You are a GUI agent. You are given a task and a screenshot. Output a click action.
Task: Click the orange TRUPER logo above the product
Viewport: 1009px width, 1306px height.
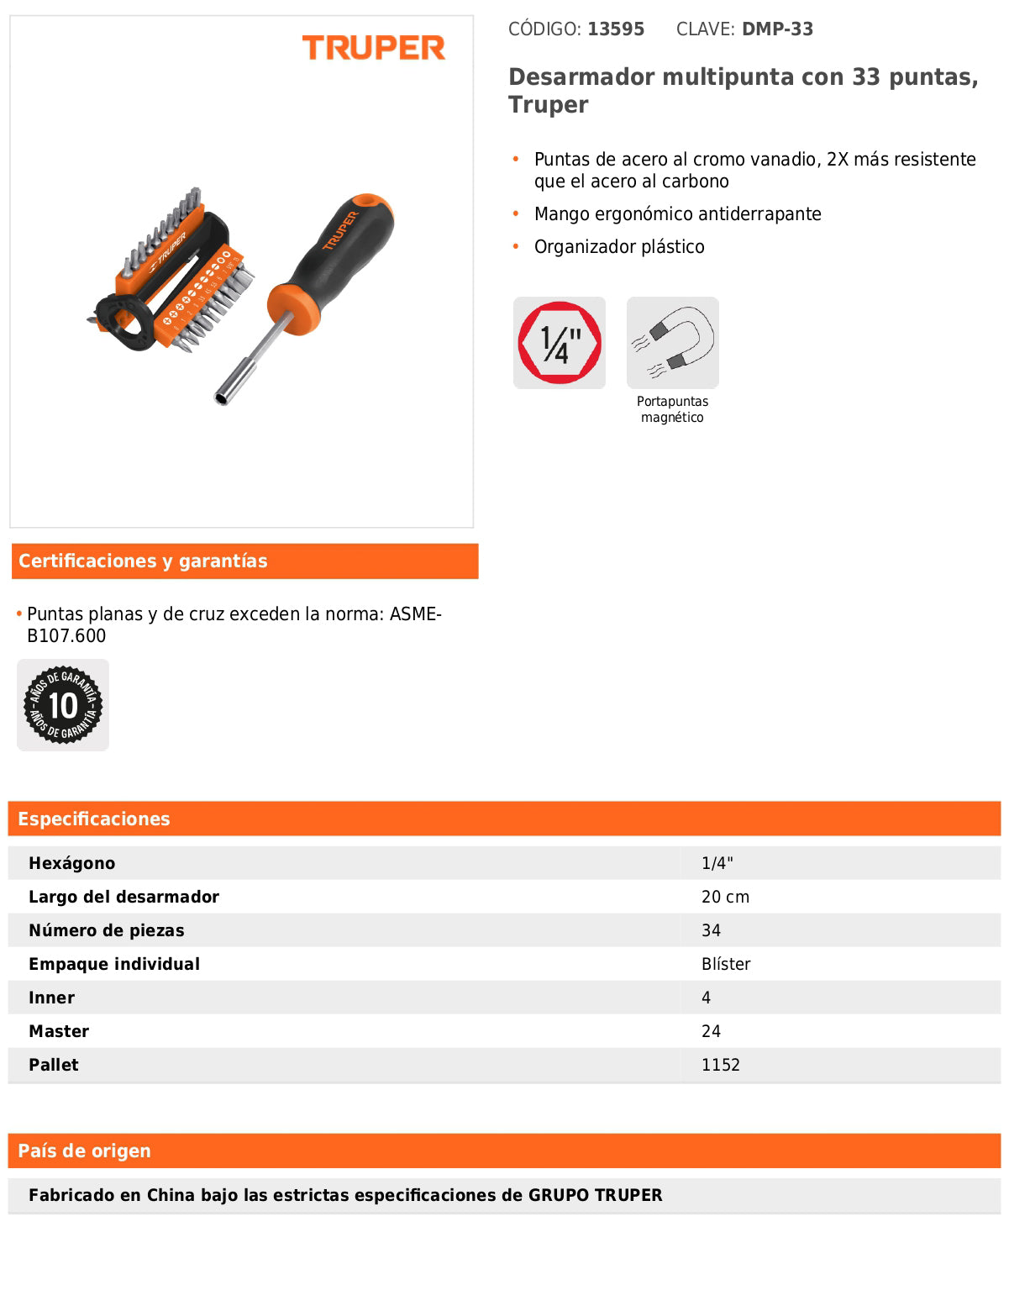click(373, 48)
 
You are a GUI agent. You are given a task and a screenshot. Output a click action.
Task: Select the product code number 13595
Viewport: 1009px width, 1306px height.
click(616, 29)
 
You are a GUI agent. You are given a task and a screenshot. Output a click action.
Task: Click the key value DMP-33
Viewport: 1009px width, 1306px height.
click(777, 29)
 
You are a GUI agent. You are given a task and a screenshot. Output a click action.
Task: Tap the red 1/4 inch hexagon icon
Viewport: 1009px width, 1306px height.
click(560, 343)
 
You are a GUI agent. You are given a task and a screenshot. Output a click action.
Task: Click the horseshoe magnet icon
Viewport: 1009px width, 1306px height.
click(673, 343)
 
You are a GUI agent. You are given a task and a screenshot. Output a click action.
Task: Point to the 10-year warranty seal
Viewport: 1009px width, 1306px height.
click(63, 705)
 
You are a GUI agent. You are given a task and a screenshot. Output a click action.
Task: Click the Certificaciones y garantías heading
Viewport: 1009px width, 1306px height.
click(143, 561)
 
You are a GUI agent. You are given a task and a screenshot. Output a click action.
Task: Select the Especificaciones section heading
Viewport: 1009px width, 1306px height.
click(94, 819)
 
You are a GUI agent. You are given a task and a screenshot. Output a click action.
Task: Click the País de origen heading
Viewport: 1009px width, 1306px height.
click(84, 1151)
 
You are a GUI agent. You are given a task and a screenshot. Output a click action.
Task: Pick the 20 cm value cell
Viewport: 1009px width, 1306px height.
click(725, 897)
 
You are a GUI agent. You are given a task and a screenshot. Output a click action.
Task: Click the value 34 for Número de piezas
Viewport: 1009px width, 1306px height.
click(711, 930)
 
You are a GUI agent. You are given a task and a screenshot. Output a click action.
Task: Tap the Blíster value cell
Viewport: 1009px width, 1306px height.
click(726, 964)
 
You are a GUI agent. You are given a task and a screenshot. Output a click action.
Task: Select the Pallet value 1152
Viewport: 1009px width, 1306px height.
click(721, 1065)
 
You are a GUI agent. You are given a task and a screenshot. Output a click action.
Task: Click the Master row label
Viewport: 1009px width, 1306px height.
click(59, 1031)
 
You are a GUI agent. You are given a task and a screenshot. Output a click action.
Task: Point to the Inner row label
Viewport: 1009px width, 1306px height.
click(52, 998)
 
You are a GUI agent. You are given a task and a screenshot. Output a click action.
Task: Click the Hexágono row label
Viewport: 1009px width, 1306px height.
click(72, 863)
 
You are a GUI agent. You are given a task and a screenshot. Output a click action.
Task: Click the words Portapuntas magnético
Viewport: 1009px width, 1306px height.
click(672, 409)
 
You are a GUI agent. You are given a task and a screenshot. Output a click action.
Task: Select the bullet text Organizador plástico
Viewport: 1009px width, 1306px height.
click(619, 247)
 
